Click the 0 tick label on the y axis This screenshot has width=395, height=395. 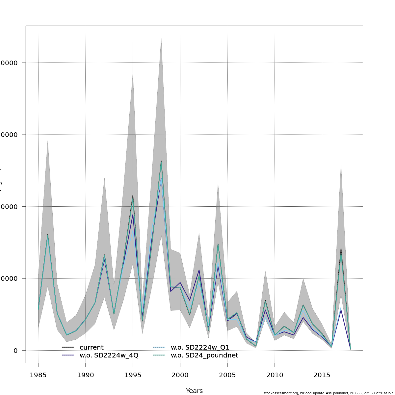tap(15, 351)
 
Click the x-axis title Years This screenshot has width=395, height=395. tap(194, 391)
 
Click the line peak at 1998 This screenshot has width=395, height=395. tap(161, 161)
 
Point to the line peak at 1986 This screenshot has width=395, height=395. tap(48, 235)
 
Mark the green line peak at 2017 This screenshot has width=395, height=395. tap(341, 250)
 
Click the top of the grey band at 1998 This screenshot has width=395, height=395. tap(161, 38)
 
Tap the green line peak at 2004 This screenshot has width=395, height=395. tap(218, 244)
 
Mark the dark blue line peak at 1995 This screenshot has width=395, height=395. tap(133, 215)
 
